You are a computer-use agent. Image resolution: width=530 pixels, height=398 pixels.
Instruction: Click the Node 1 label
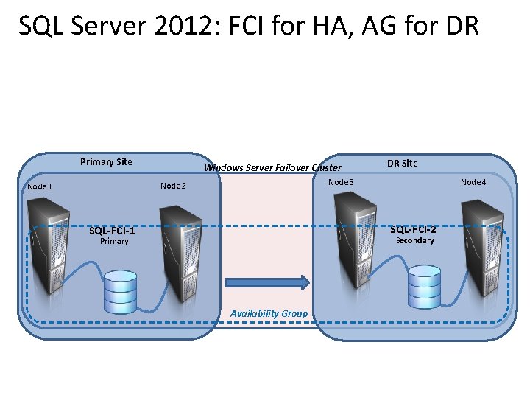[40, 186]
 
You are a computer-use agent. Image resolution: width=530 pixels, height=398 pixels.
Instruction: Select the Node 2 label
[173, 186]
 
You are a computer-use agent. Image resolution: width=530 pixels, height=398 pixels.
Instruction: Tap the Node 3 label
[341, 182]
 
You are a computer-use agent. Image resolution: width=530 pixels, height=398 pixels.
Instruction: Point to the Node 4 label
[473, 182]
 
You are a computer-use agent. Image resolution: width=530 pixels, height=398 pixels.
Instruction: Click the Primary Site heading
[106, 162]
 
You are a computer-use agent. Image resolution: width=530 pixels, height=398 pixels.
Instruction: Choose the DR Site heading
[402, 163]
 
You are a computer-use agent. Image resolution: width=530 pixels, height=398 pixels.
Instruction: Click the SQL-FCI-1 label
[112, 231]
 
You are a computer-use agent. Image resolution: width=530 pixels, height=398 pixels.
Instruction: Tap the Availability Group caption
[269, 313]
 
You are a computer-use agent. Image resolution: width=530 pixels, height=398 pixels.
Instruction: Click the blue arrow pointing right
[266, 282]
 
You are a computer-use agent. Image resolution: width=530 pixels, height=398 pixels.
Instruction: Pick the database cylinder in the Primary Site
[120, 292]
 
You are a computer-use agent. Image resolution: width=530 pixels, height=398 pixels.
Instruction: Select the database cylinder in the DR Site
[423, 286]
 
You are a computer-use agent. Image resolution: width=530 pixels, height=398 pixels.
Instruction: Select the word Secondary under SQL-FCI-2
[414, 240]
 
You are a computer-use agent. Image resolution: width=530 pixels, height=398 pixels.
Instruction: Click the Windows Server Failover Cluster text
[273, 167]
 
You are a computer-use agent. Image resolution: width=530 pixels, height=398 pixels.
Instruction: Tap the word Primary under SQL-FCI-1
[114, 241]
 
